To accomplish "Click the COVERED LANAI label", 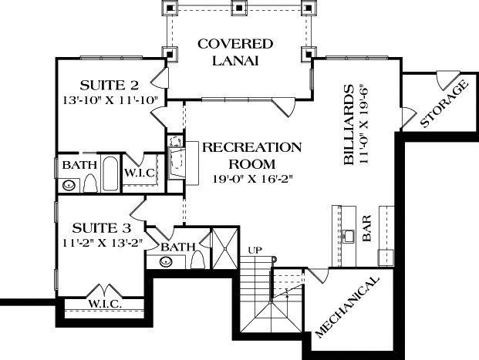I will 235,52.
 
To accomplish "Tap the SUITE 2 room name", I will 110,85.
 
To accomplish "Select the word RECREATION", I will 241,147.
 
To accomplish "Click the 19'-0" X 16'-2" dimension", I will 241,179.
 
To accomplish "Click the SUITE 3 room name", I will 100,228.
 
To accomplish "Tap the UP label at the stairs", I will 255,249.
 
